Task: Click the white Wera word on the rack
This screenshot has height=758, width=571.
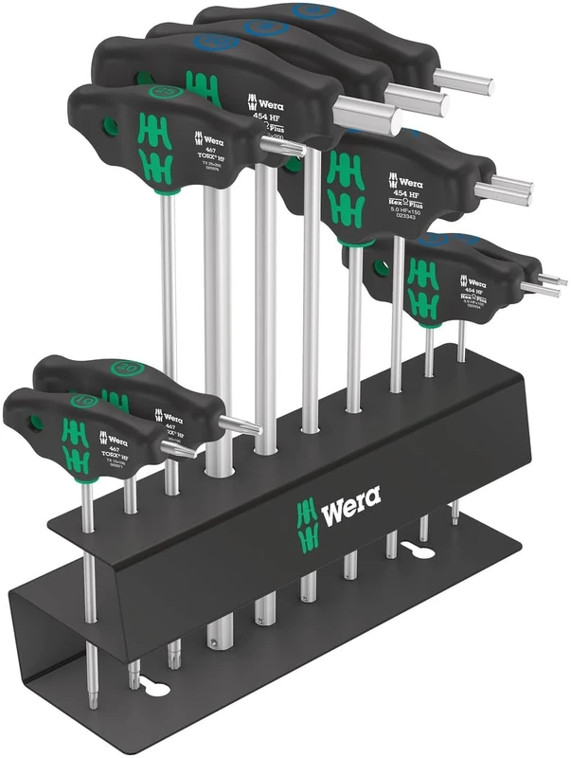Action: point(351,515)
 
